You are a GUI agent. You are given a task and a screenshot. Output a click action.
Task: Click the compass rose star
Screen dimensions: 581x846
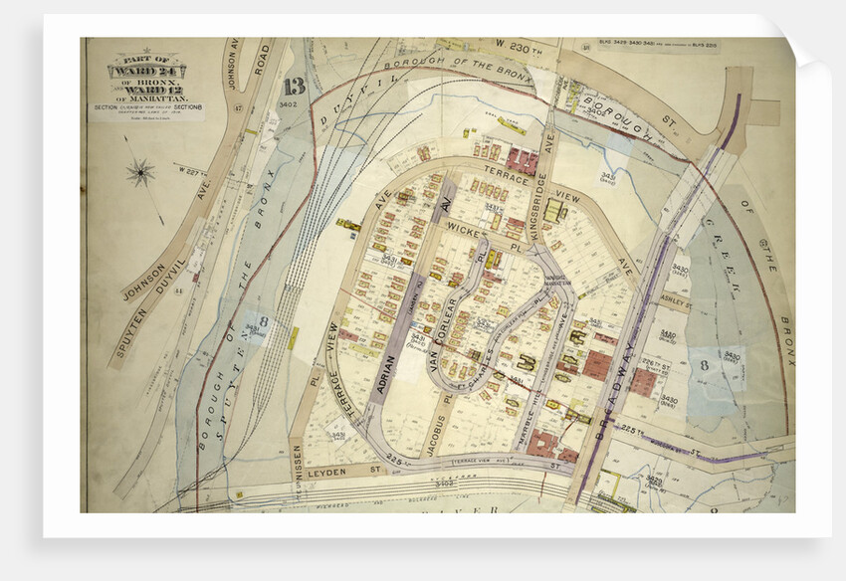[x=140, y=173]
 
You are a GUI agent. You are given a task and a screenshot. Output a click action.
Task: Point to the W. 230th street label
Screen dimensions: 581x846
[x=517, y=45]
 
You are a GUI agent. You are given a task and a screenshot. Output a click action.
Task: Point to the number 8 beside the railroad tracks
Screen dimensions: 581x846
[x=264, y=321]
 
